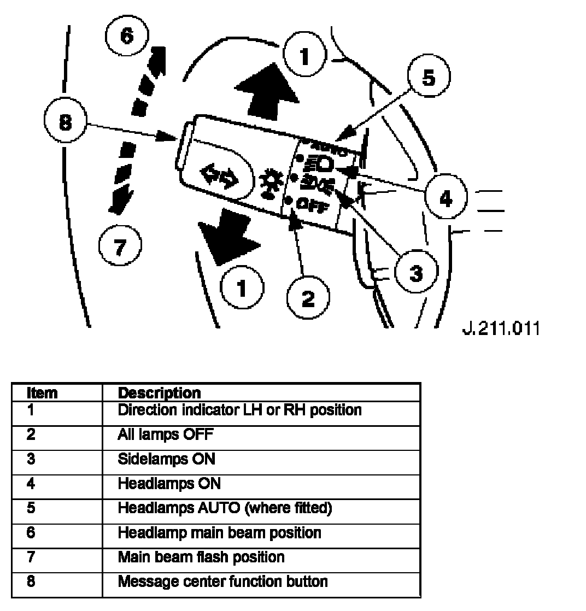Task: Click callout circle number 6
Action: coord(126,37)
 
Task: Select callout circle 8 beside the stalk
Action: coord(66,124)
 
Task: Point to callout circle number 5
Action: coord(429,78)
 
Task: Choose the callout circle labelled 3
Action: coord(417,273)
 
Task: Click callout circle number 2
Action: coord(308,298)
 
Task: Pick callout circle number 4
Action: coord(446,198)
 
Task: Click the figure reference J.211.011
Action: coord(501,328)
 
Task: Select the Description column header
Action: coord(159,392)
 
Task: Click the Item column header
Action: coord(42,392)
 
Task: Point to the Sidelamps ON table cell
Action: coord(166,459)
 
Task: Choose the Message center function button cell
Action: coord(222,580)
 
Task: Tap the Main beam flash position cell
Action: coord(201,557)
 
